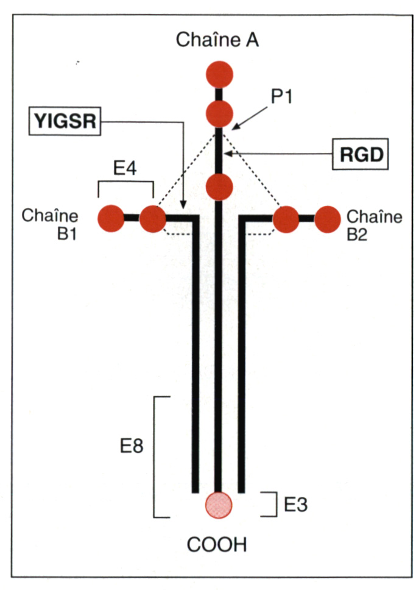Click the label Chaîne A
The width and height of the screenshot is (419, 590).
[x=217, y=41]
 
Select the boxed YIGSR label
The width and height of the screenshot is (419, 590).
[x=64, y=123]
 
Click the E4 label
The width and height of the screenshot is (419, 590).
[x=125, y=168]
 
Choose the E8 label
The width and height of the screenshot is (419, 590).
[x=131, y=447]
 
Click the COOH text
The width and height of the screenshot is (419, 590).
[x=217, y=544]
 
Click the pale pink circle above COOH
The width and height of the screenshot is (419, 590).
[x=218, y=505]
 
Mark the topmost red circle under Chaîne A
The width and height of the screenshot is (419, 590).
[x=219, y=74]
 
